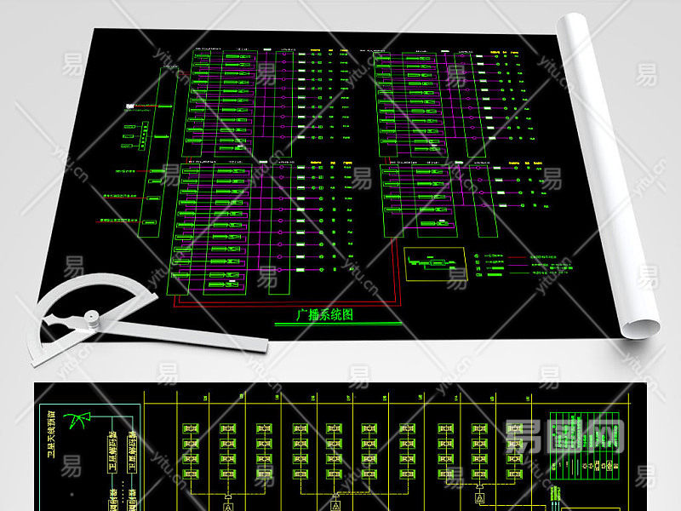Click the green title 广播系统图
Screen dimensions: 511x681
[x=323, y=313]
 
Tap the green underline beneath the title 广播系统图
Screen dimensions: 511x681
[x=337, y=324]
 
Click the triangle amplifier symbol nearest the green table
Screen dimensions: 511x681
[x=479, y=497]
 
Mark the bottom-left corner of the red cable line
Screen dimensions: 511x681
[x=175, y=304]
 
